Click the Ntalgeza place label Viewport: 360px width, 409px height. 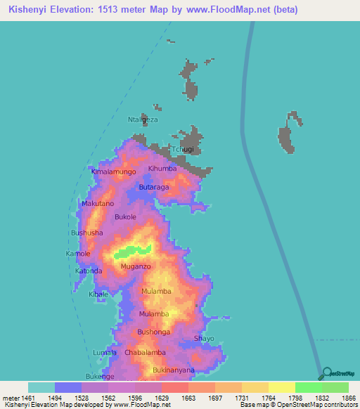(x=143, y=119)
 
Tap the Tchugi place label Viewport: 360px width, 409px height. (x=182, y=150)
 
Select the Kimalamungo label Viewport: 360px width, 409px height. (x=113, y=171)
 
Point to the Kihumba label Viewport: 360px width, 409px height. (x=162, y=169)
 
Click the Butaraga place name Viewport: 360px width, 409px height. (x=155, y=188)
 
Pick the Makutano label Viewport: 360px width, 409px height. (x=97, y=203)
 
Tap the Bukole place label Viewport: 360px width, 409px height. (x=125, y=217)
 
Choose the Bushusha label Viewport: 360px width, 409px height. (x=87, y=232)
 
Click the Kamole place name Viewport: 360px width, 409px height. (x=78, y=253)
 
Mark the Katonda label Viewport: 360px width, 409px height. (x=89, y=271)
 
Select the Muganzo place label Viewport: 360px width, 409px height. (x=136, y=267)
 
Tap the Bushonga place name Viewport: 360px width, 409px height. (x=153, y=331)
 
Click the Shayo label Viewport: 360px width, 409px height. (x=204, y=338)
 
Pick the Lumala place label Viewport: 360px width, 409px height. (x=105, y=352)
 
